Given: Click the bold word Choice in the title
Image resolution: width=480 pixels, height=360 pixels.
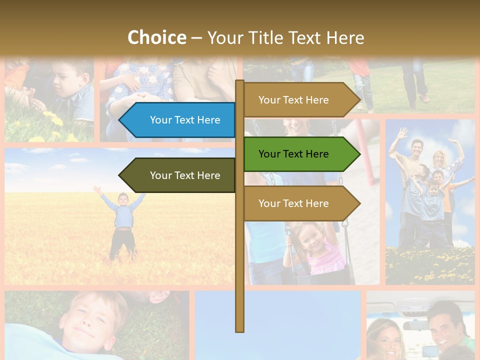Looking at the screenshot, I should [156, 37].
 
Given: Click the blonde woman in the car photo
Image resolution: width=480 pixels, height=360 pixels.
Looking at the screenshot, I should [387, 337].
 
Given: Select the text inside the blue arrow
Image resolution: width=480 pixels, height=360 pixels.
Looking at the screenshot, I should [185, 120].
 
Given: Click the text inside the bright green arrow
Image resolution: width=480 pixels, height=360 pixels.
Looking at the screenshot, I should [293, 154].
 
